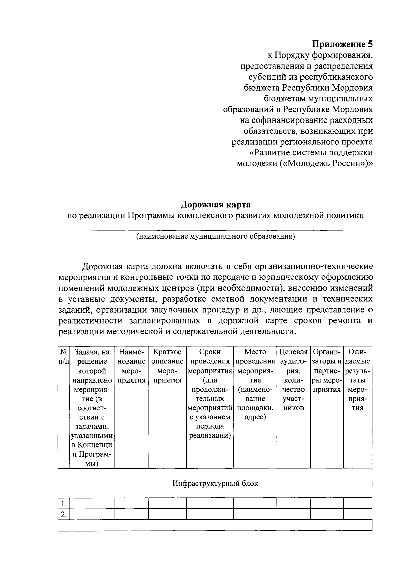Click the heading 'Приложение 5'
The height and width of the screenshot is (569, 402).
[342, 44]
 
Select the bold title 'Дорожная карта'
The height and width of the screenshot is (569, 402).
[216, 204]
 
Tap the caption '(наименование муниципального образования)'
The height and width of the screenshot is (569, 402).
[215, 237]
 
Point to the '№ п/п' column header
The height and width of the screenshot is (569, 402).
[64, 357]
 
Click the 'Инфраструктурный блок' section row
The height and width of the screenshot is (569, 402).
[215, 483]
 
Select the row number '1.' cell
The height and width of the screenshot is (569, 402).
[64, 504]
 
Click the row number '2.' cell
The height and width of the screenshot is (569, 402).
[64, 514]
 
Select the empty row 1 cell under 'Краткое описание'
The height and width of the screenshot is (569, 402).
[167, 504]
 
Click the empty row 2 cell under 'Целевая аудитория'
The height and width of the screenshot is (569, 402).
[293, 514]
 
